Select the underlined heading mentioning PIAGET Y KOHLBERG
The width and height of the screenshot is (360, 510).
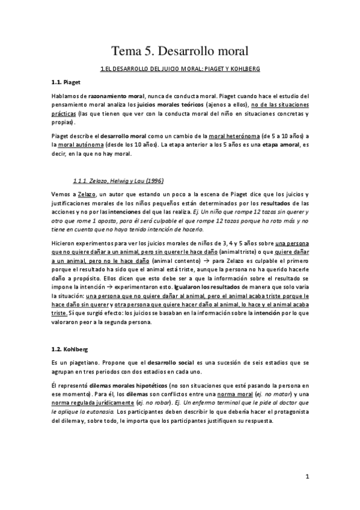pos(180,70)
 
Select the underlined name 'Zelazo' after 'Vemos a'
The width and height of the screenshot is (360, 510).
pos(87,195)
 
